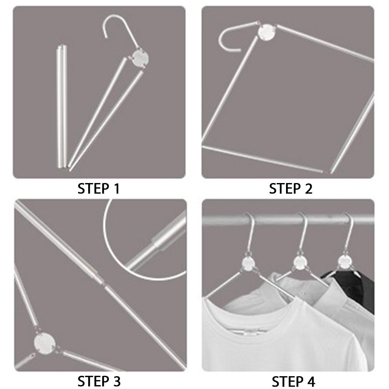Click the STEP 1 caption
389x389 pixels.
[x=98, y=189]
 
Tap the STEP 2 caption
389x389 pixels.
[x=290, y=189]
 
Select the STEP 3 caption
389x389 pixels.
[x=98, y=380]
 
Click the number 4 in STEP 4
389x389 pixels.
[x=311, y=380]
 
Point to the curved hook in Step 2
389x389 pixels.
[x=229, y=39]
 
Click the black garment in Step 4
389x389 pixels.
[x=356, y=288]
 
